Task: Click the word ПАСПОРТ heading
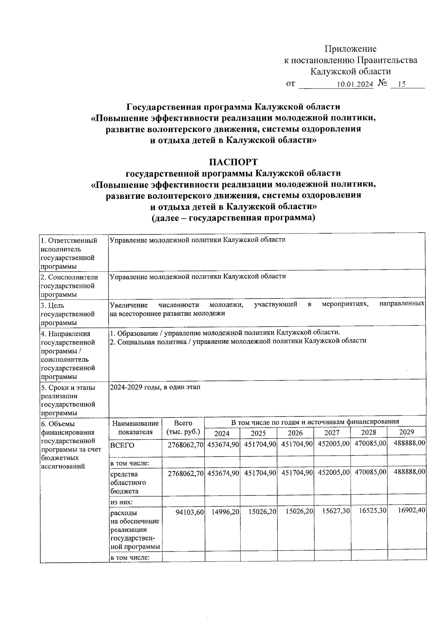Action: click(233, 162)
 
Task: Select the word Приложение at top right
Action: click(350, 49)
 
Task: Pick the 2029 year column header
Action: click(406, 432)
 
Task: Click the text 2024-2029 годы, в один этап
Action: click(155, 387)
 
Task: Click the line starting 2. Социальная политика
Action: click(238, 341)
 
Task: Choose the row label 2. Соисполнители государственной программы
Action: click(70, 286)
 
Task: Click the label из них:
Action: click(122, 502)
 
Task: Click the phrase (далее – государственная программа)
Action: click(234, 218)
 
